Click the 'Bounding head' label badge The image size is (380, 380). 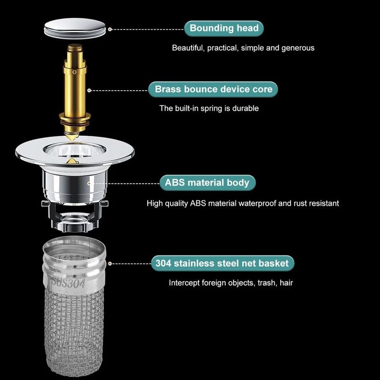pos(224,28)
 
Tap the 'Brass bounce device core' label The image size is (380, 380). pos(213,89)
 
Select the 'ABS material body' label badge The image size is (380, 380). pos(207,182)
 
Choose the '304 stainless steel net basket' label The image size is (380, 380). pos(222,263)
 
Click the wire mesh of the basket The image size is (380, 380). pos(74,332)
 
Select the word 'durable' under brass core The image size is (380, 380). pos(246,108)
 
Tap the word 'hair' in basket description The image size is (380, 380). pos(286,283)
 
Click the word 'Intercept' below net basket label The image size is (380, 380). pos(184,283)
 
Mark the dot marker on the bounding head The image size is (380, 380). pos(110,29)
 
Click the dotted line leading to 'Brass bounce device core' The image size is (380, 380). pos(119,89)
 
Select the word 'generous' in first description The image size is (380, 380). pos(298,48)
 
